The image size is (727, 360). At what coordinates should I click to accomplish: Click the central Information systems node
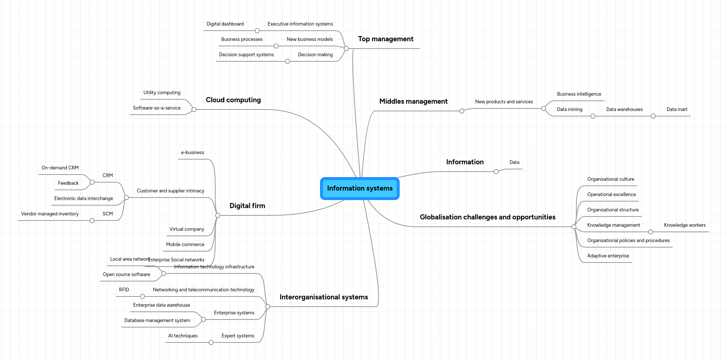[360, 188]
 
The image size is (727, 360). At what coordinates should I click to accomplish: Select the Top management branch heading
[385, 39]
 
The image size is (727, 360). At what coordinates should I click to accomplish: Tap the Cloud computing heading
[233, 100]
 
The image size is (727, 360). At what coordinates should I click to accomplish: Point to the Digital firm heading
[247, 206]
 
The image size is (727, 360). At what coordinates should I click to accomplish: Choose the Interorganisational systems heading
[324, 297]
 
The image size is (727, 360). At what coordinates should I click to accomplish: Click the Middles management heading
[413, 102]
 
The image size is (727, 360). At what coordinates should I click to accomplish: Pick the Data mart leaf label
[677, 110]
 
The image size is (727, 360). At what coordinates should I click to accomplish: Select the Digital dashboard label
[225, 24]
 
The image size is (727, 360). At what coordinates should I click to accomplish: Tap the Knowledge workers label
[685, 225]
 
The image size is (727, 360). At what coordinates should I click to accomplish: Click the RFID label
[124, 290]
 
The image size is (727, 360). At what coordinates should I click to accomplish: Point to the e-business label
[193, 153]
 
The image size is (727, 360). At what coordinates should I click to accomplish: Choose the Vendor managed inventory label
[50, 214]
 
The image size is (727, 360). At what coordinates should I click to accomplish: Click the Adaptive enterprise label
[608, 256]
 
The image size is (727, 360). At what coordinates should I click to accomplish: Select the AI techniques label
[183, 336]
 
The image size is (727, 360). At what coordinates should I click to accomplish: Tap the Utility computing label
[162, 93]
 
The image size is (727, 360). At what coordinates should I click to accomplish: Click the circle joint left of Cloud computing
[194, 110]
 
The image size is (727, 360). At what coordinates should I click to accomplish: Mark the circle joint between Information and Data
[496, 172]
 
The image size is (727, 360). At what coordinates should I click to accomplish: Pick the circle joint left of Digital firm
[218, 215]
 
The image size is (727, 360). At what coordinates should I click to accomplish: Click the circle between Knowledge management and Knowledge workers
[650, 232]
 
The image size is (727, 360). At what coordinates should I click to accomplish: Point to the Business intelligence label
[579, 94]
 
